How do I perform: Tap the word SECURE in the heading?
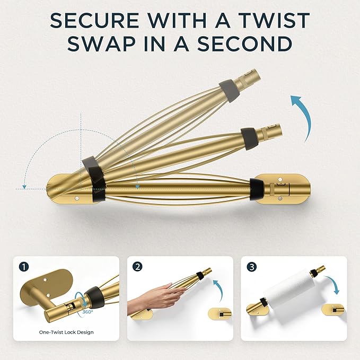[94, 21]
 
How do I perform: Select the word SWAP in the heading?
[102, 43]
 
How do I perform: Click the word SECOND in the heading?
[245, 43]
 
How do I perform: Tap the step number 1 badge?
[24, 267]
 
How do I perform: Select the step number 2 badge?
[137, 267]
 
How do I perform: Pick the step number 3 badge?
[252, 267]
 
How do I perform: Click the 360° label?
[87, 312]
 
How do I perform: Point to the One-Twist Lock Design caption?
[66, 332]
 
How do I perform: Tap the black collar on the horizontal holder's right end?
[257, 189]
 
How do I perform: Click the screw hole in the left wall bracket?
[77, 198]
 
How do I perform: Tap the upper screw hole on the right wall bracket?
[279, 179]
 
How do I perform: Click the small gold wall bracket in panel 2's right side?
[219, 314]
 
